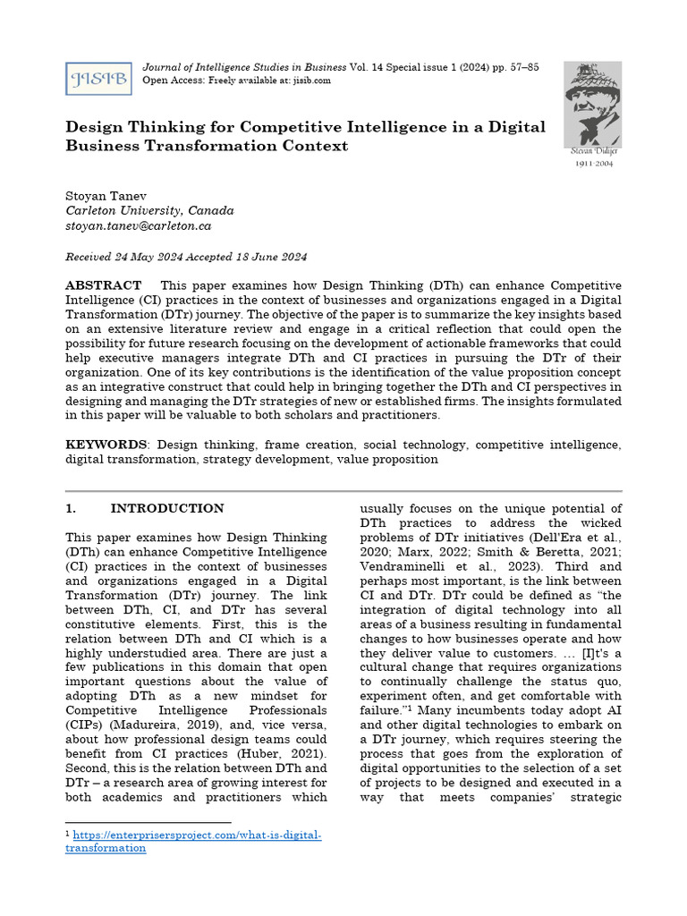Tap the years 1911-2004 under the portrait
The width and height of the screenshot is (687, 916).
[x=594, y=165]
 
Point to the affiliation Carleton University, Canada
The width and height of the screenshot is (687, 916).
[x=149, y=210]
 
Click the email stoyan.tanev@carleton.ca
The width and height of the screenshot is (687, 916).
[x=138, y=226]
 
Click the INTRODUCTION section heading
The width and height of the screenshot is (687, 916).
[x=167, y=509]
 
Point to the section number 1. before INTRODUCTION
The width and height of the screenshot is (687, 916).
[x=72, y=509]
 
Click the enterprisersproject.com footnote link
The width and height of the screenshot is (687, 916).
[x=193, y=841]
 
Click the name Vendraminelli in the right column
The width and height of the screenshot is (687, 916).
[x=408, y=566]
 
